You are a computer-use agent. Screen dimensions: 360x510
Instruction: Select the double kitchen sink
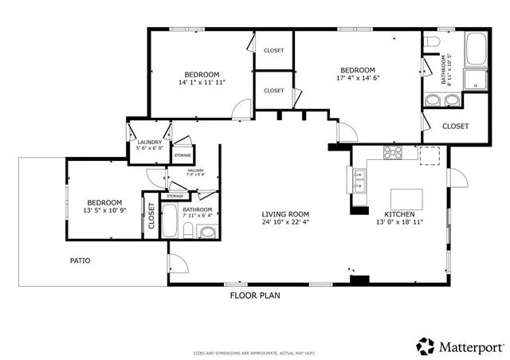pyautogui.click(x=359, y=183)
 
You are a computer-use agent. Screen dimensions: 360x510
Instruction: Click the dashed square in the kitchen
pyautogui.click(x=430, y=154)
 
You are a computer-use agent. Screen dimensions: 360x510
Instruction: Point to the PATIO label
pyautogui.click(x=80, y=260)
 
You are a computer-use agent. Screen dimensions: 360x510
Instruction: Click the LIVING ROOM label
pyautogui.click(x=285, y=214)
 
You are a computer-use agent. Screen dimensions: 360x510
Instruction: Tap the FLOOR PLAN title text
pyautogui.click(x=255, y=295)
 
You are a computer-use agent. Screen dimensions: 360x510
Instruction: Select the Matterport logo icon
pyautogui.click(x=426, y=346)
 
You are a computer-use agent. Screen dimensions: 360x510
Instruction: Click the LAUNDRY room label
pyautogui.click(x=149, y=143)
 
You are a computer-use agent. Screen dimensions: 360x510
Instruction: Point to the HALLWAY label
pyautogui.click(x=195, y=170)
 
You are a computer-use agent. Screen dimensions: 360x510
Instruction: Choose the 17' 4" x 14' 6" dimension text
pyautogui.click(x=358, y=79)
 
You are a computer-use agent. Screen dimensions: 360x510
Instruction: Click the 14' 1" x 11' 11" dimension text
pyautogui.click(x=202, y=82)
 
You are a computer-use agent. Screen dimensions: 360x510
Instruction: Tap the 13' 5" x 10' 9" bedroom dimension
pyautogui.click(x=104, y=211)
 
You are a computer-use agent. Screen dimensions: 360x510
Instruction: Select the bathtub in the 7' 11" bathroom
pyautogui.click(x=171, y=221)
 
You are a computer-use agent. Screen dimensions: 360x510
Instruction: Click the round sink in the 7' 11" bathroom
pyautogui.click(x=207, y=233)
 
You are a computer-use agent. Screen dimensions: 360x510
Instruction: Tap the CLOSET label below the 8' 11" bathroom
pyautogui.click(x=455, y=126)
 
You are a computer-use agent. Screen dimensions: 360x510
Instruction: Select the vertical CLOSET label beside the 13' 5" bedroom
pyautogui.click(x=151, y=216)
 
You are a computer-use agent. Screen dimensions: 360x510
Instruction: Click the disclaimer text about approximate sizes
pyautogui.click(x=254, y=353)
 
